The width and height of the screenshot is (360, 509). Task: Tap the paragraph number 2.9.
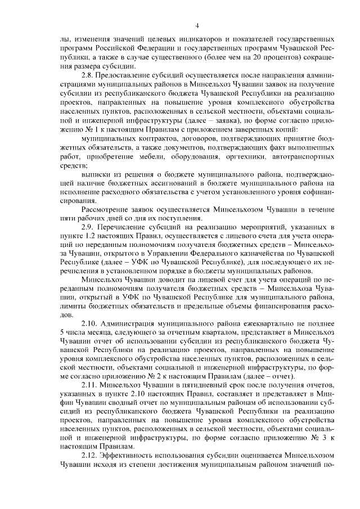pyautogui.click(x=88, y=226)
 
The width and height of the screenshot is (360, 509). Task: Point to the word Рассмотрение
pyautogui.click(x=106, y=209)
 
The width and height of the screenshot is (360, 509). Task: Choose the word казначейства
pyautogui.click(x=260, y=253)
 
